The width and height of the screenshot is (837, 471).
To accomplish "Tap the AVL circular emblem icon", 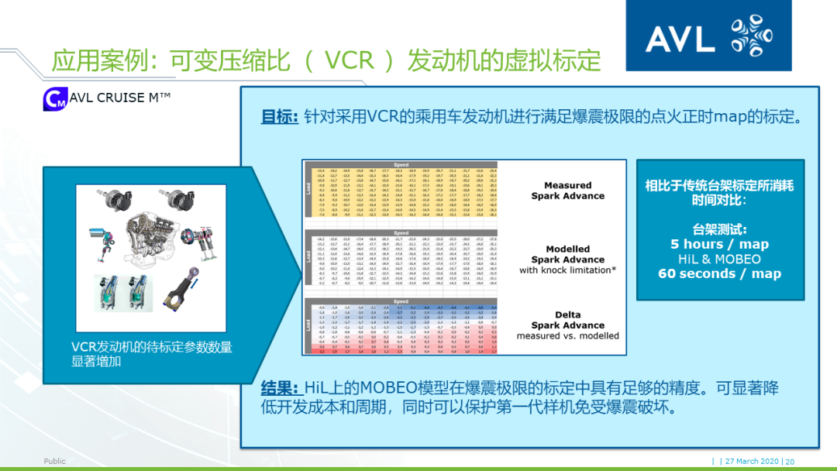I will (750, 36).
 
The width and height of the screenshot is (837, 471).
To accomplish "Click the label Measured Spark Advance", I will (567, 191).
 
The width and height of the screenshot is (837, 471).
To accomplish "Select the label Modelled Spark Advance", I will (567, 255).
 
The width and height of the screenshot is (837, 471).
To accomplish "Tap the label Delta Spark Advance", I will (567, 320).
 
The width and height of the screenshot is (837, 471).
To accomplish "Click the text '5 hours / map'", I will (719, 244).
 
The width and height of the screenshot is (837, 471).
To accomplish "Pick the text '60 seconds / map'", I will (719, 273).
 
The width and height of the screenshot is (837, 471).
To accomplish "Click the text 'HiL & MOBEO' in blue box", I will (719, 259).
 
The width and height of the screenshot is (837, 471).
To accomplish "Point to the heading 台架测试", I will (719, 229).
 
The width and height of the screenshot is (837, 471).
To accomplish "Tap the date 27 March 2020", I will (752, 461).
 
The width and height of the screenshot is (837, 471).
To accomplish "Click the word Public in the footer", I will (54, 461).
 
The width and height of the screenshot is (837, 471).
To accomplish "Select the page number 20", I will (790, 461).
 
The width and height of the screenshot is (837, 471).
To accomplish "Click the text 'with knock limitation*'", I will (567, 270).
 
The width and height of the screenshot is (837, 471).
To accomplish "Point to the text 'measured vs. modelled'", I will (567, 335).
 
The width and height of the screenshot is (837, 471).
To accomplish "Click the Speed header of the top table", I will (401, 165).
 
